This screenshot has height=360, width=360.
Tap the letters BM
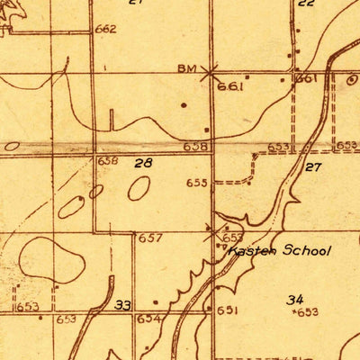pos(186,68)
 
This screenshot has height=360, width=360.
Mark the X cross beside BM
pos(210,71)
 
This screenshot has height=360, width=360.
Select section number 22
pos(306,3)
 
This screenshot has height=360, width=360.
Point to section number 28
pos(143,163)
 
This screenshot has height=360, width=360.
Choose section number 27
pos(313,167)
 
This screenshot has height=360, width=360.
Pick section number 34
pos(295,299)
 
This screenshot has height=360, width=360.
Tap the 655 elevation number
pos(196,183)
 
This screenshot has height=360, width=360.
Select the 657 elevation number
pos(150,238)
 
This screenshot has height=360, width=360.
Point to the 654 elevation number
pos(148,319)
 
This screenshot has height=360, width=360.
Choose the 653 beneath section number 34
pos(308,312)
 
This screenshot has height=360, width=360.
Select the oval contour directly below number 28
pos(139,188)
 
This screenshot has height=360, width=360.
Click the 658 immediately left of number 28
pos(108,160)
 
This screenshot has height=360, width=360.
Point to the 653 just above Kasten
pos(231,238)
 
